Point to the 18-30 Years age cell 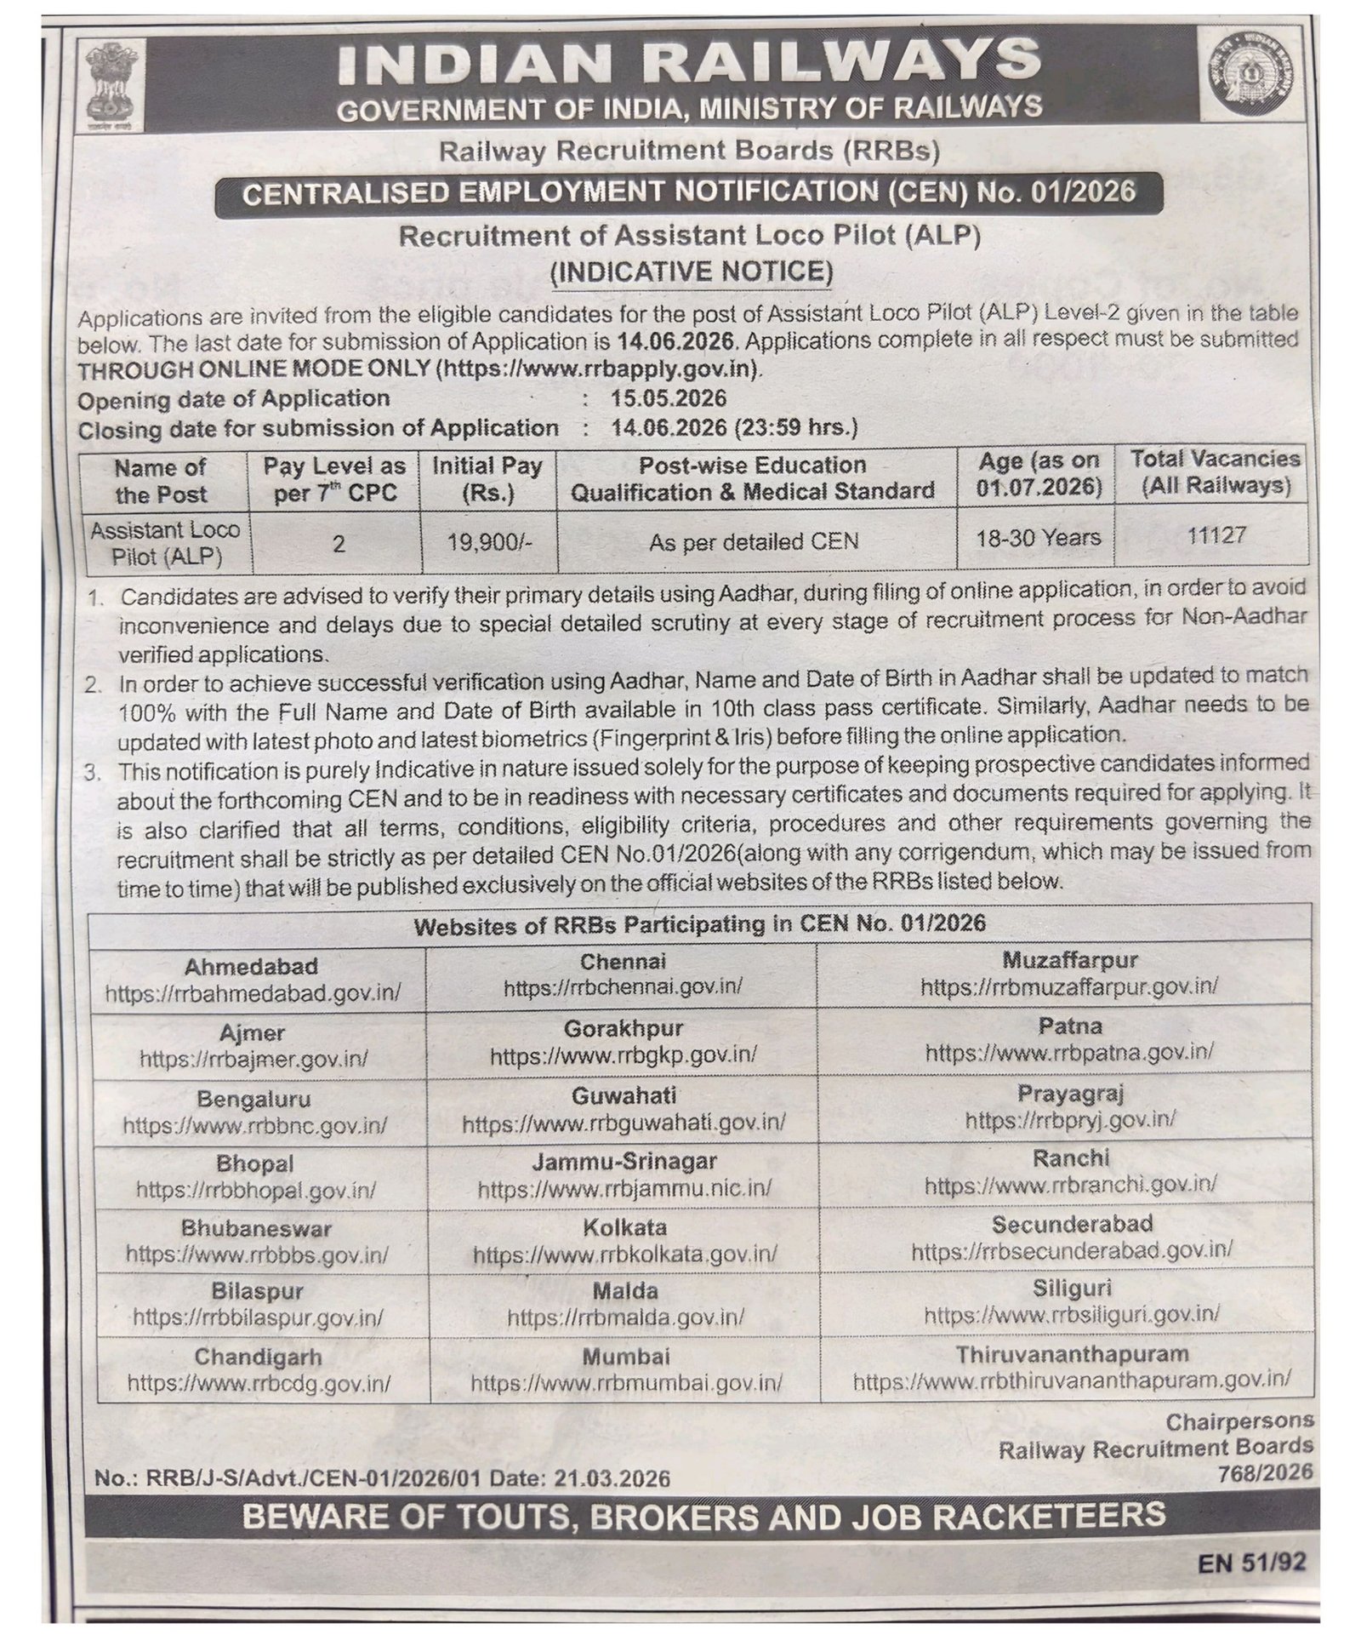click(1039, 537)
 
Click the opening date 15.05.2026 click(669, 398)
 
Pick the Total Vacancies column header click(1215, 472)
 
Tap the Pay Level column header click(334, 479)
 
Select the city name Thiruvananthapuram click(1072, 1353)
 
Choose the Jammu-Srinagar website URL click(624, 1188)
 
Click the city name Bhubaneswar click(256, 1228)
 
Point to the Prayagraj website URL click(1070, 1120)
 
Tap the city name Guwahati click(624, 1095)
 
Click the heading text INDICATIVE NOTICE click(692, 271)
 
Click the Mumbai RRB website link click(626, 1383)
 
